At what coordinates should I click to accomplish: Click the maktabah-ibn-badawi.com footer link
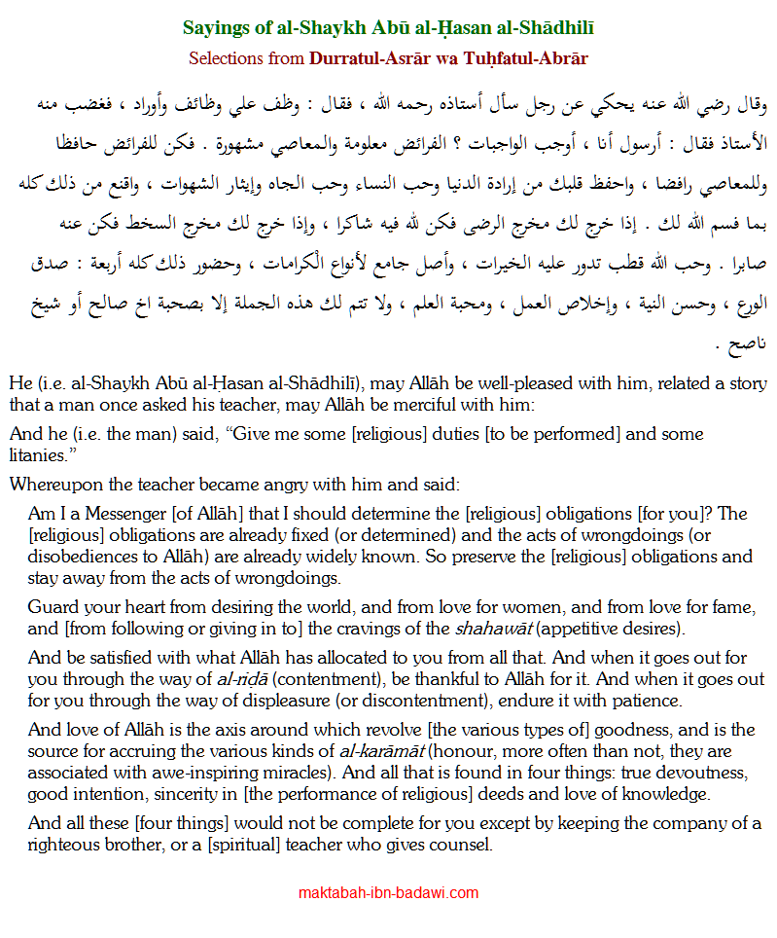click(x=388, y=892)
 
